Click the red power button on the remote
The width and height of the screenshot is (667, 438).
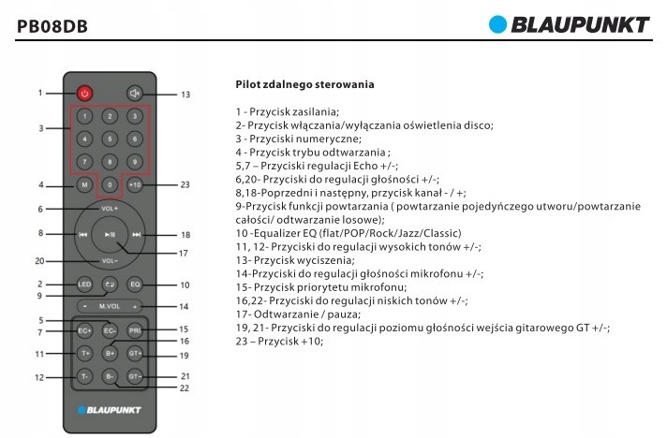84,93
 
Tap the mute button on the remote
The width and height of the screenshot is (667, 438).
135,93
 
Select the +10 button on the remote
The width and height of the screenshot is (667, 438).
135,184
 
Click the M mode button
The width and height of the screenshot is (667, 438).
84,184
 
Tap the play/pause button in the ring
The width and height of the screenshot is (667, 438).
110,235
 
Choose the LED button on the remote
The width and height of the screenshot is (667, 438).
84,283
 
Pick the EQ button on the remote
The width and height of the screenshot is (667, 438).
135,283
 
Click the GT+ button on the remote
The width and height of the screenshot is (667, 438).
135,353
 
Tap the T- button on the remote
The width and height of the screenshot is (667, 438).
84,376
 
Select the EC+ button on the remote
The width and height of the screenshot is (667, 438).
84,329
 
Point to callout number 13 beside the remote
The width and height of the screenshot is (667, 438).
185,94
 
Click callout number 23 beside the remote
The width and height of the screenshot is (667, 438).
185,184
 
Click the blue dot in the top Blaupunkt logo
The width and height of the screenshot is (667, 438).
497,23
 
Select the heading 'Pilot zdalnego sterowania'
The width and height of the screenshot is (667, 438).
305,85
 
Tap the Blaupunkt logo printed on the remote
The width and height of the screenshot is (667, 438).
111,409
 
